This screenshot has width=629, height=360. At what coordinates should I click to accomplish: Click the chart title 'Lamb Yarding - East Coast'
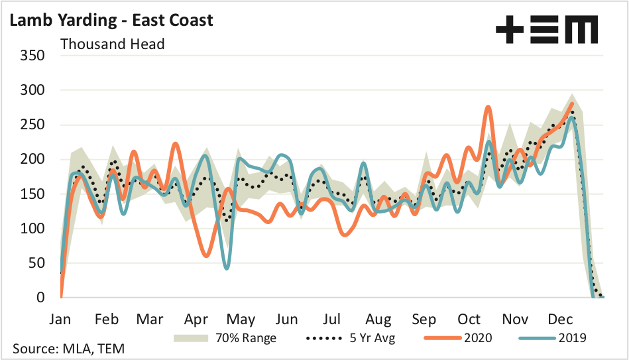(111, 20)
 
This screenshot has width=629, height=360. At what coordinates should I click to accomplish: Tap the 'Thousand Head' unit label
(113, 44)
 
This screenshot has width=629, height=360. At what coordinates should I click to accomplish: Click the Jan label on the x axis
(60, 319)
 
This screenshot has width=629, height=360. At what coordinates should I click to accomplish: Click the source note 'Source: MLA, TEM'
(67, 349)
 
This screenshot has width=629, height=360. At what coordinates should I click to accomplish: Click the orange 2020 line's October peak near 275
(488, 107)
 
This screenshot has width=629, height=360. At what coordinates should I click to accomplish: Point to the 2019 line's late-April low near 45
(227, 268)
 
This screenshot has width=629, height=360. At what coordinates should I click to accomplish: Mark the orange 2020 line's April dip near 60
(207, 255)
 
